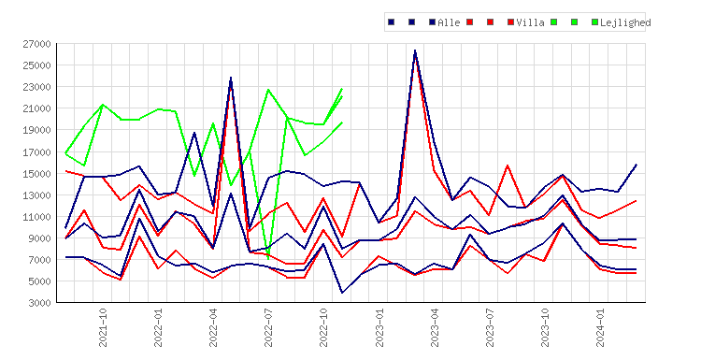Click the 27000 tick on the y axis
pos(37,44)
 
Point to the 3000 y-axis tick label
pos(40,303)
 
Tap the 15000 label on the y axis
pos(37,174)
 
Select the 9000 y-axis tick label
pos(40,238)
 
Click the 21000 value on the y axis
pos(37,108)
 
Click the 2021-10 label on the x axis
pos(103,328)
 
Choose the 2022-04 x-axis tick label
pos(213,328)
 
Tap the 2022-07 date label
pos(268,328)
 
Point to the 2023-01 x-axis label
pos(379,328)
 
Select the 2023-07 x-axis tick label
pos(490,328)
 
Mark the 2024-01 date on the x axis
pos(600,328)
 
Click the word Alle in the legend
pos(449,22)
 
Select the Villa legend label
pos(530,22)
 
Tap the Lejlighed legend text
pos(625,22)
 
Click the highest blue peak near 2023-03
pos(415,50)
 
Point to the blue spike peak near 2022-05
pos(231,78)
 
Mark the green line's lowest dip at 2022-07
pos(268,259)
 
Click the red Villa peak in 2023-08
pos(508,166)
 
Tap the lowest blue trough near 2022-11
pos(342,293)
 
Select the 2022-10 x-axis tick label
pos(323,328)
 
